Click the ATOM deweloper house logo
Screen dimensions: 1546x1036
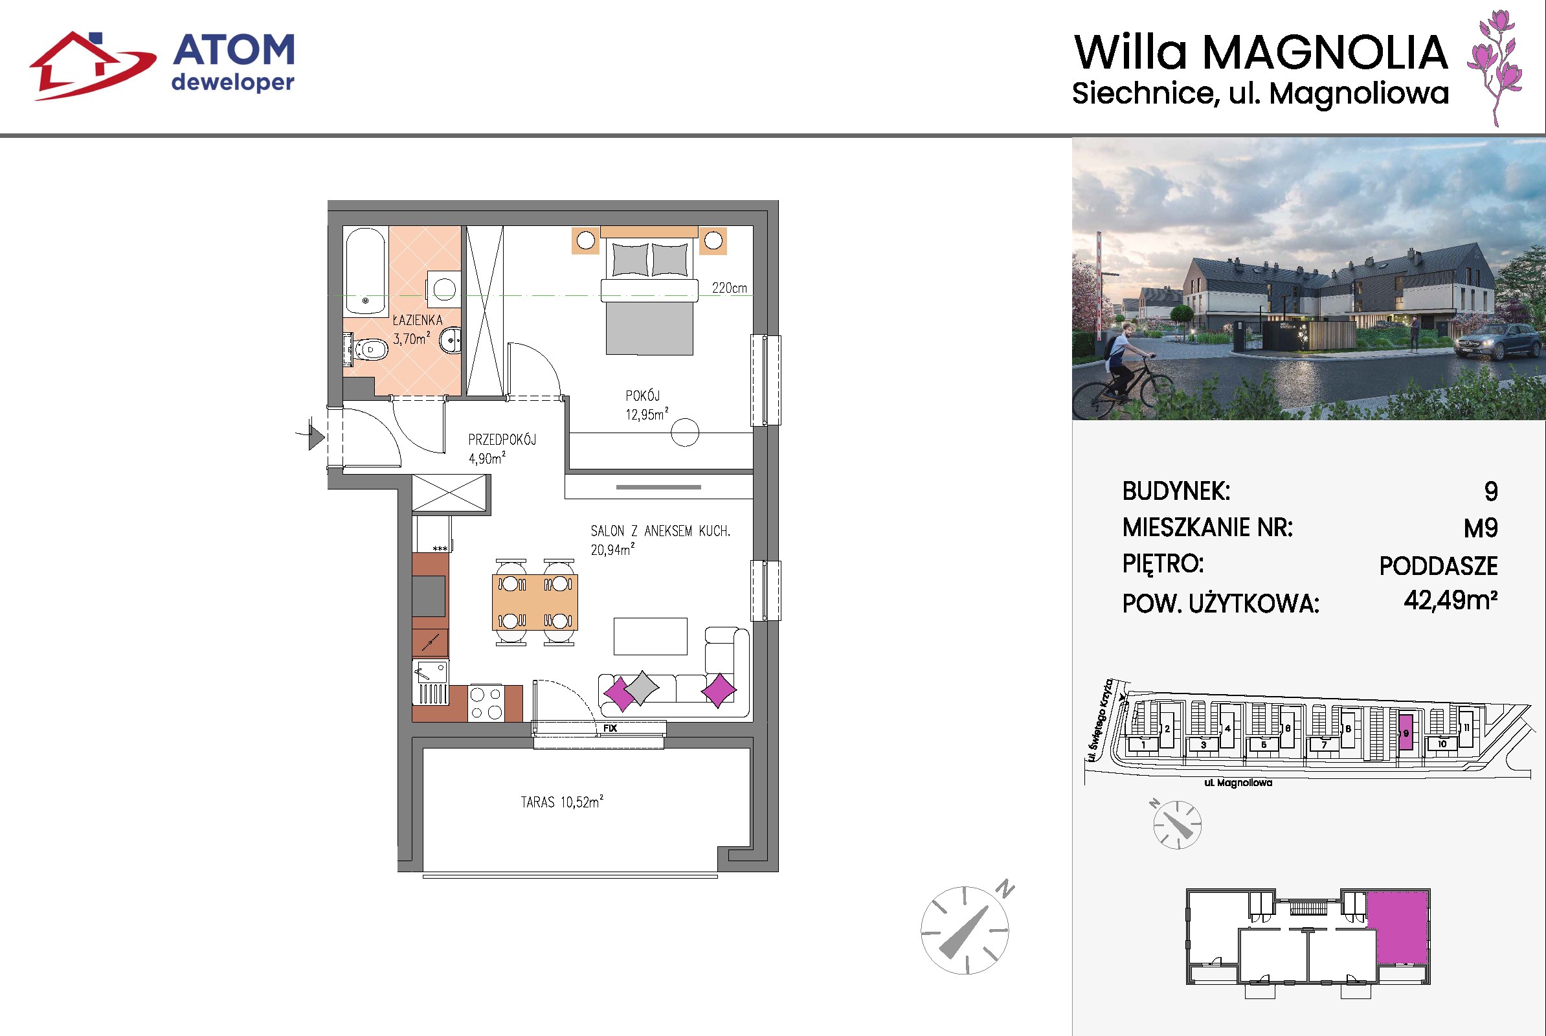tap(93, 65)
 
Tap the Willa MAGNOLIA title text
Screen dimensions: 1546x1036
tap(1260, 52)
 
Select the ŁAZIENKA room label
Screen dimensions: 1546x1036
tap(418, 321)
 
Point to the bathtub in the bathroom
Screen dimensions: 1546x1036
tap(365, 271)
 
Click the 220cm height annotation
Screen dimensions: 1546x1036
tap(730, 288)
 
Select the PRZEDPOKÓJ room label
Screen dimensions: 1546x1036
tap(502, 440)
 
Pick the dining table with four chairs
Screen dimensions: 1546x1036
tap(535, 602)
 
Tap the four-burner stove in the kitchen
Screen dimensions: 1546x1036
tap(486, 703)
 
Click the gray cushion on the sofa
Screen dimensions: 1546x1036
tap(642, 688)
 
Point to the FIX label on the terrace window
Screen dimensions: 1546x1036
tap(610, 728)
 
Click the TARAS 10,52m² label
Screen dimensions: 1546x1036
tap(562, 802)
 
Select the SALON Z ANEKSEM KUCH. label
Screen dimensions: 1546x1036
tap(660, 531)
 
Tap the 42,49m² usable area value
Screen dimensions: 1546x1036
tap(1451, 600)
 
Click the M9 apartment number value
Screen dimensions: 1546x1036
tap(1481, 528)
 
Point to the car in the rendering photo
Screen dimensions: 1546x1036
tap(1496, 342)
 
